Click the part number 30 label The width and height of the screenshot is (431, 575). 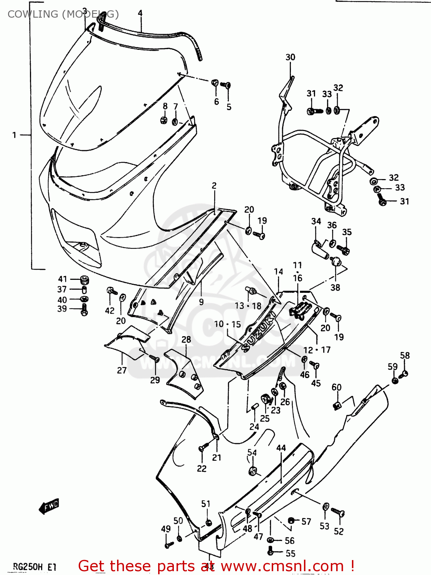(x=290, y=57)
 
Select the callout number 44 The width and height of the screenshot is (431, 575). (x=281, y=448)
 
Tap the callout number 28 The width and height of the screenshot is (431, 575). (x=186, y=339)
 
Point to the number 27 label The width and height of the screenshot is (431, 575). (x=122, y=370)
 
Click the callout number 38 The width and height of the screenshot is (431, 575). (x=335, y=287)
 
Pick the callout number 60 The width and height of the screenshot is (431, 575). (x=336, y=387)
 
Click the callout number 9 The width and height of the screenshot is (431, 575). (x=201, y=302)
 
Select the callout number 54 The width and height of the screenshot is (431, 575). (x=252, y=453)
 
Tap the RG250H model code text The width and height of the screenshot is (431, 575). (x=28, y=567)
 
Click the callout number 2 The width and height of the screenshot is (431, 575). (x=214, y=186)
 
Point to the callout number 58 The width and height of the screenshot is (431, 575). (x=405, y=355)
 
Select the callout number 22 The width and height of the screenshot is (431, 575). (x=201, y=468)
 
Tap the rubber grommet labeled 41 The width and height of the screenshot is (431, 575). (x=84, y=279)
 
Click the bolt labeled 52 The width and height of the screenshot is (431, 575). (x=338, y=512)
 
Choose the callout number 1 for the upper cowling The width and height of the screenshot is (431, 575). (x=14, y=135)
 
